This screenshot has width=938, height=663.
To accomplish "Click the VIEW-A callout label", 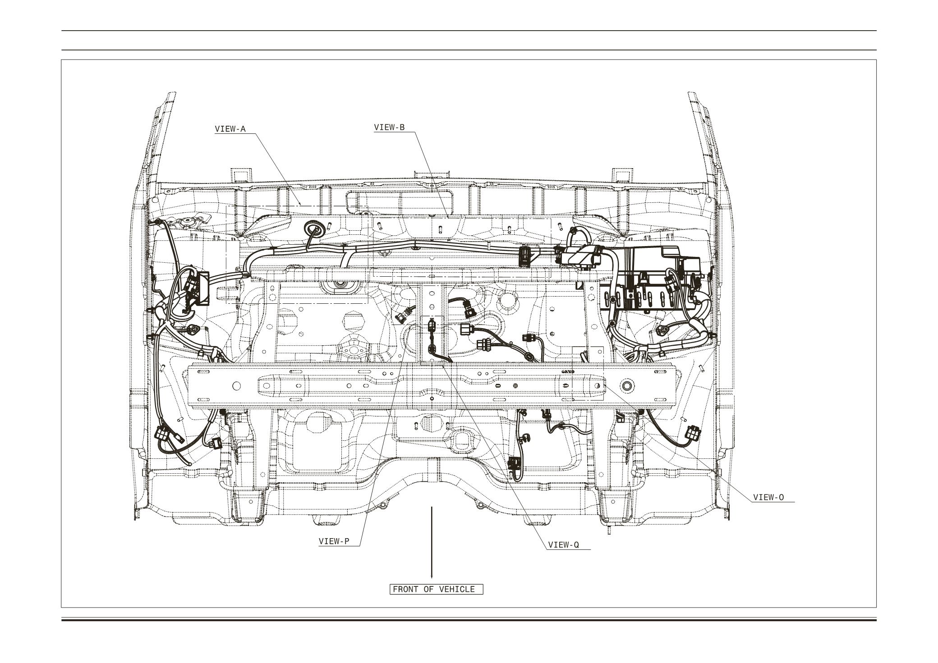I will (x=230, y=129).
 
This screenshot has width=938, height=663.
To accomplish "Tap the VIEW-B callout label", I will (x=389, y=128).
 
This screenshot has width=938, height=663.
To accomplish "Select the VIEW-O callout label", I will (x=768, y=498).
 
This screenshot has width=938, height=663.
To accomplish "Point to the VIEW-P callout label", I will (x=334, y=541).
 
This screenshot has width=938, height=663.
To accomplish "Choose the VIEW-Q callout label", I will (x=563, y=545).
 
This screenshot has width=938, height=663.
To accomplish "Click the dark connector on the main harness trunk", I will (x=526, y=255).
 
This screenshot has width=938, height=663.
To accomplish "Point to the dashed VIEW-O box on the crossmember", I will (x=588, y=373).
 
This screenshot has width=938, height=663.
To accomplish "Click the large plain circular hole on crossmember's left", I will (x=235, y=386).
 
